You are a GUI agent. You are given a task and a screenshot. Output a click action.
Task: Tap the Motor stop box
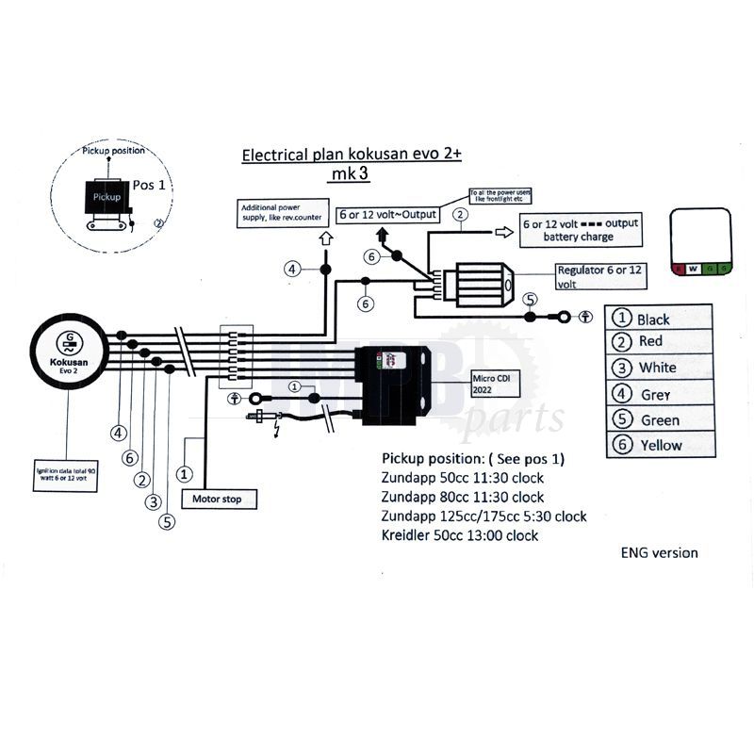[218, 499]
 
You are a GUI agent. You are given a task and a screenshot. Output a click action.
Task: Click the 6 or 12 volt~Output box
[386, 214]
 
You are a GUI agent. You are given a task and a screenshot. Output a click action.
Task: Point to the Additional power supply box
[280, 214]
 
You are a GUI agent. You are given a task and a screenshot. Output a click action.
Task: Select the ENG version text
[659, 552]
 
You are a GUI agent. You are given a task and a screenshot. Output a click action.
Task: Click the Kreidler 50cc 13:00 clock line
[460, 535]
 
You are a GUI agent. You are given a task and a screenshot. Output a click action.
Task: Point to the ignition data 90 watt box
[65, 474]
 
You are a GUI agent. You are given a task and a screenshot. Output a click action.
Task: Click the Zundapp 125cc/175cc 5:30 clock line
[484, 516]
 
